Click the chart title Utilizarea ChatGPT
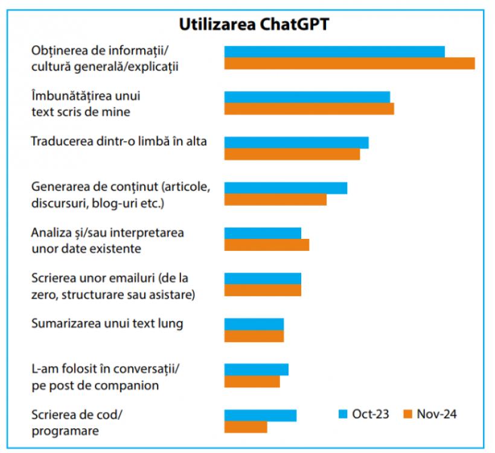click(x=254, y=24)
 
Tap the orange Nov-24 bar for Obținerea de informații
click(x=350, y=63)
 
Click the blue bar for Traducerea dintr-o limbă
click(x=296, y=142)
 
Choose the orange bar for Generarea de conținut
click(x=275, y=199)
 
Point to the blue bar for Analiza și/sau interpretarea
click(x=263, y=233)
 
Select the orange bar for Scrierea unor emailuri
click(x=263, y=290)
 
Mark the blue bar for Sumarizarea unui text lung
click(x=254, y=324)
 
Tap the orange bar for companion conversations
click(x=252, y=381)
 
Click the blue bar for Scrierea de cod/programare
click(x=260, y=415)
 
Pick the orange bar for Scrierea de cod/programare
click(x=246, y=426)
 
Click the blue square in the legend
click(x=343, y=414)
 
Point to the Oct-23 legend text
click(x=371, y=414)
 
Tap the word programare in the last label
click(x=65, y=431)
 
